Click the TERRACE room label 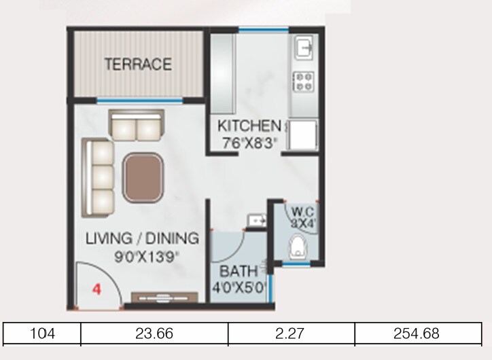(137, 65)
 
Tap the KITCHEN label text (249, 126)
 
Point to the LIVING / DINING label (142, 238)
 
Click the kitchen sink (302, 48)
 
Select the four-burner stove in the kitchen (302, 82)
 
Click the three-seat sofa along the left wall (97, 175)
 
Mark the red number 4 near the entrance (96, 288)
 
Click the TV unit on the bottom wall (164, 297)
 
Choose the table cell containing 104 (42, 334)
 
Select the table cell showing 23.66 (154, 334)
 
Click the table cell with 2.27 (291, 334)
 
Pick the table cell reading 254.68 (417, 334)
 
